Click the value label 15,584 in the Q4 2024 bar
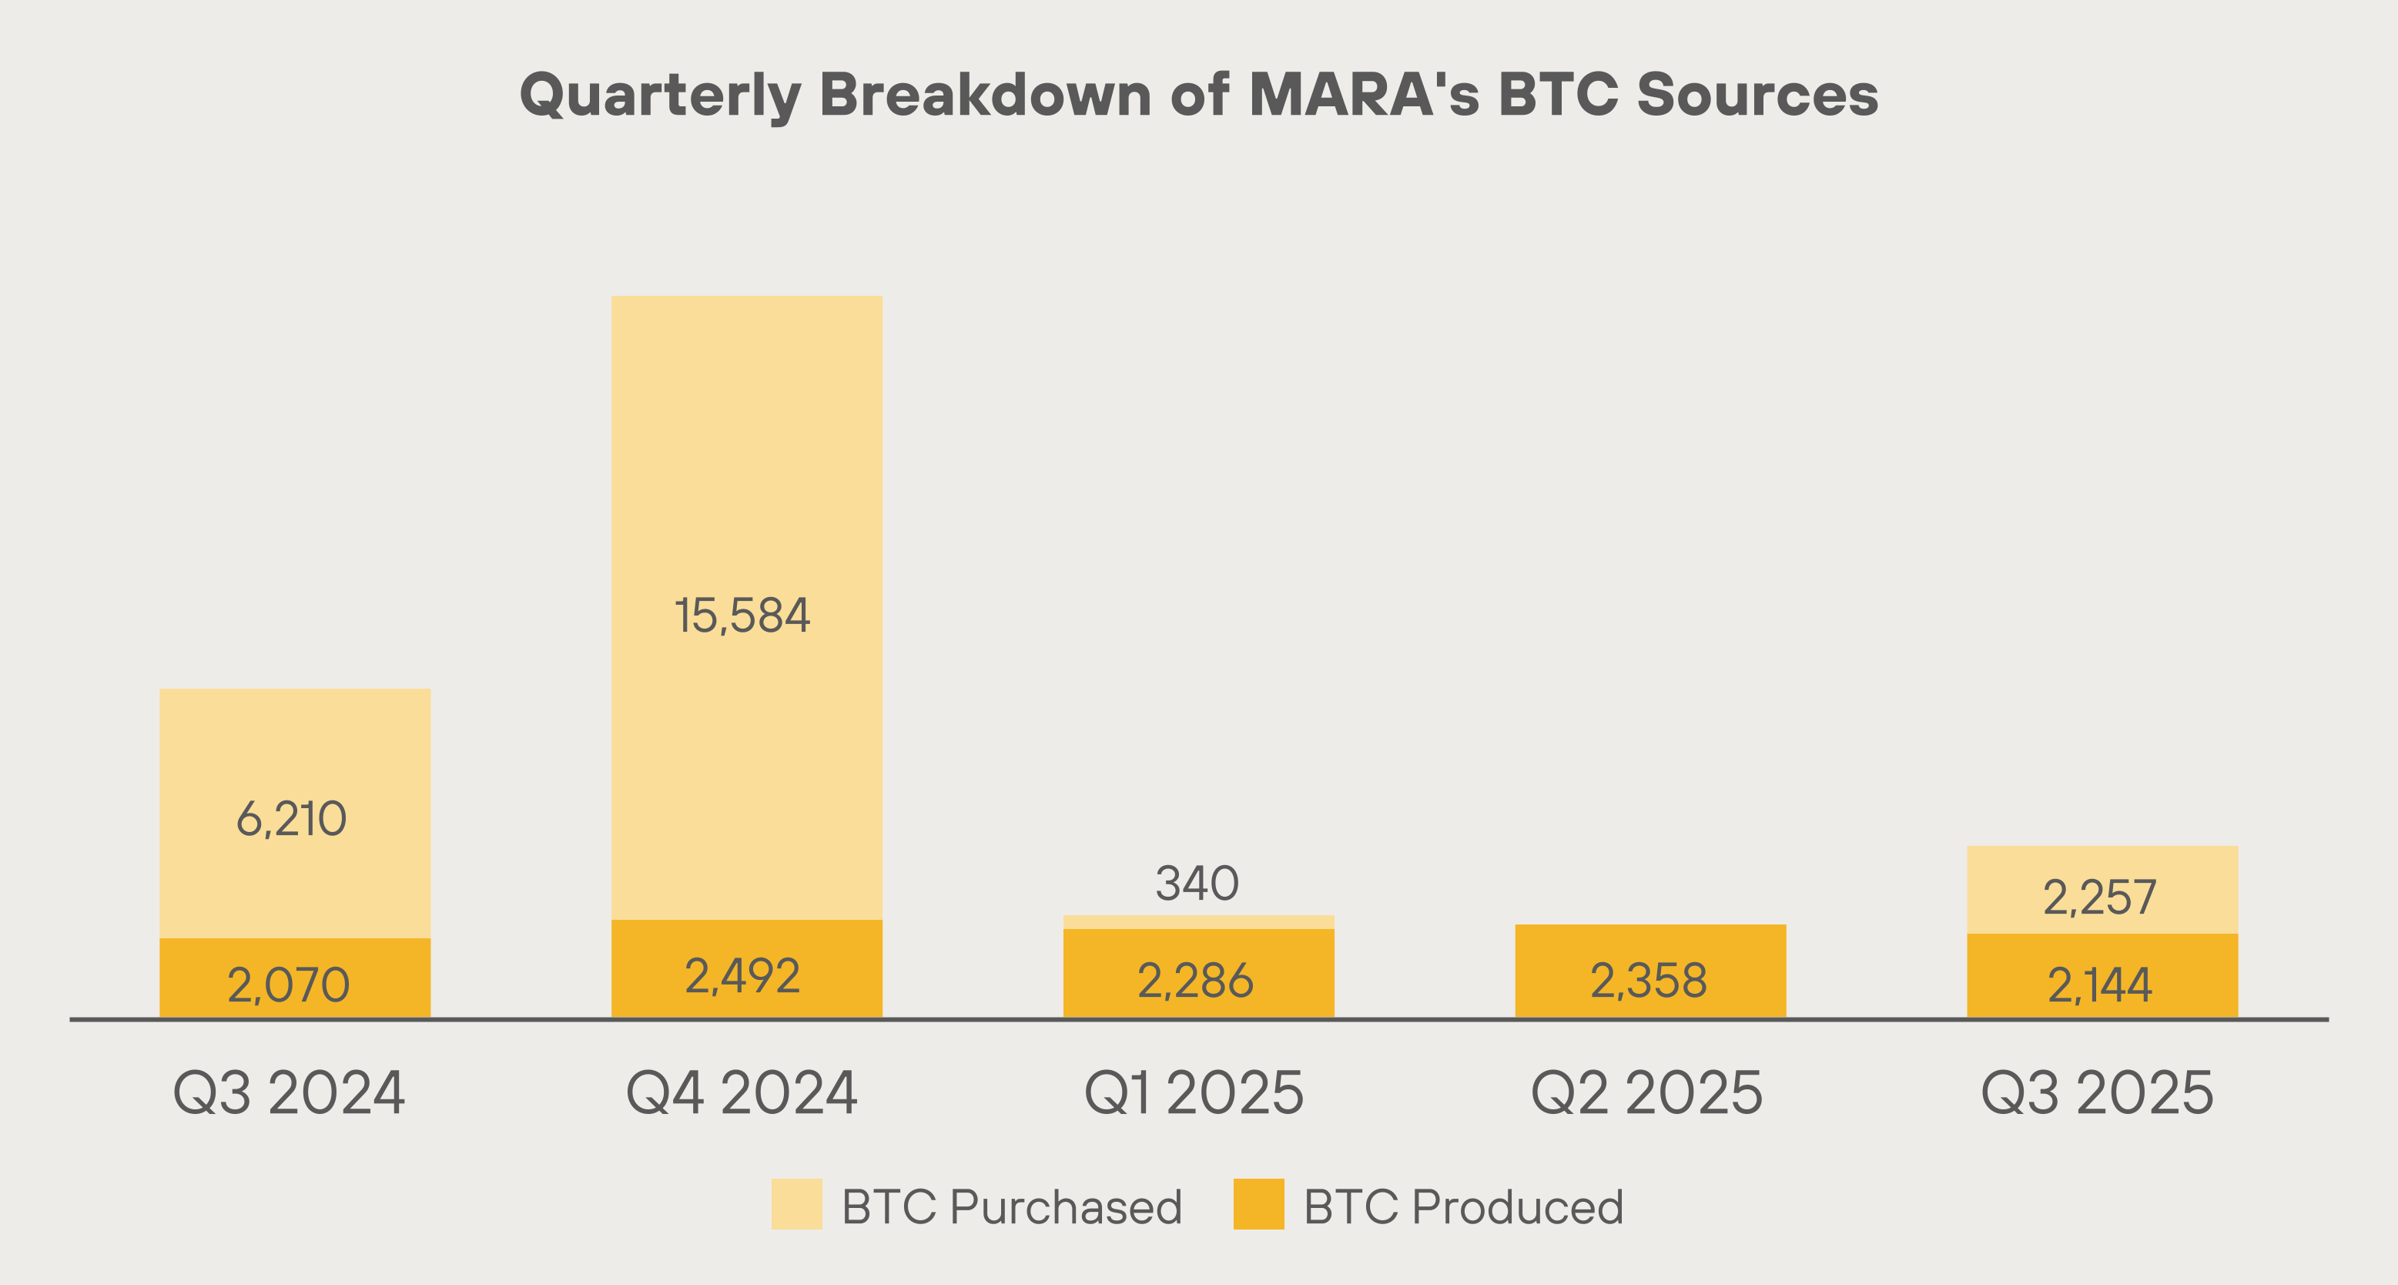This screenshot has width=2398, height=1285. click(x=742, y=616)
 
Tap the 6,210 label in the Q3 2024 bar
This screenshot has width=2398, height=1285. click(x=291, y=820)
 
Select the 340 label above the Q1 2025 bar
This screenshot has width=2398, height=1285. click(x=1197, y=884)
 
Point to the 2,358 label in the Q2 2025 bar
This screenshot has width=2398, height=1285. click(x=1649, y=981)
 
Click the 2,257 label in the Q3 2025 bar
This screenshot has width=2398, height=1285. click(x=2099, y=897)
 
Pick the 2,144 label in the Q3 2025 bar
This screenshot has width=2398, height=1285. click(x=2099, y=985)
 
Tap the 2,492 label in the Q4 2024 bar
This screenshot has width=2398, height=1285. click(x=742, y=976)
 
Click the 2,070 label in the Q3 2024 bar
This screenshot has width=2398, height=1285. click(x=289, y=985)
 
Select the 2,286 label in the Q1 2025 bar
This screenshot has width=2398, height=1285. click(x=1195, y=981)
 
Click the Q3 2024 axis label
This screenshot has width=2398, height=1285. click(x=289, y=1093)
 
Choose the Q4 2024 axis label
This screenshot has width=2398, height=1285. click(x=741, y=1093)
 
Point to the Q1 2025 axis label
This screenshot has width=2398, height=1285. click(x=1194, y=1093)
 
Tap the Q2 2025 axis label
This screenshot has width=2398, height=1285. click(x=1646, y=1093)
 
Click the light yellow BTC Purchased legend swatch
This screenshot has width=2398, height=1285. click(x=797, y=1204)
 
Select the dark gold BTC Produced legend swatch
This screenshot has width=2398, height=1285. click(x=1258, y=1204)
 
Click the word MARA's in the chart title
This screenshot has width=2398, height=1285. click(x=1364, y=95)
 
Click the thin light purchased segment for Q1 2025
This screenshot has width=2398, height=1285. click(x=1199, y=922)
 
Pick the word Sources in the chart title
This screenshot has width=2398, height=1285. click(x=1757, y=95)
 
